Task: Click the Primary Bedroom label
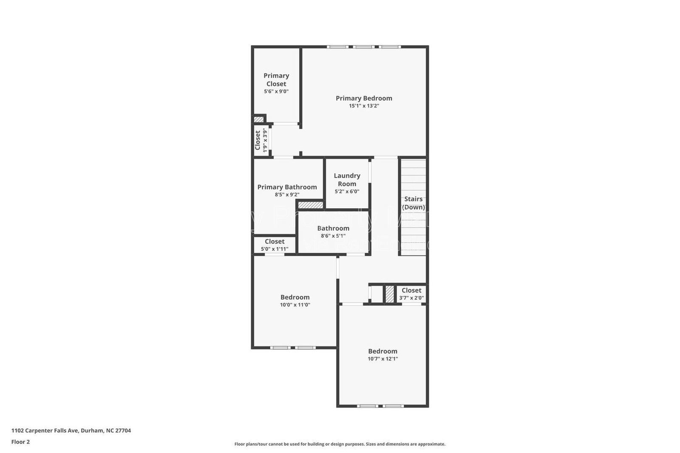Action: pyautogui.click(x=364, y=98)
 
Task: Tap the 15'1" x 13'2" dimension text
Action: pyautogui.click(x=364, y=106)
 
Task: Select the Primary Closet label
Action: pyautogui.click(x=276, y=79)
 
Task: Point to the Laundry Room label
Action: pyautogui.click(x=347, y=179)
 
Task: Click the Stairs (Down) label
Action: pyautogui.click(x=414, y=203)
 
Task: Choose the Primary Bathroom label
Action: pyautogui.click(x=287, y=187)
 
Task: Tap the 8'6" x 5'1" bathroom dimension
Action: pyautogui.click(x=333, y=236)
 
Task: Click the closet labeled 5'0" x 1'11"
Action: pyautogui.click(x=275, y=245)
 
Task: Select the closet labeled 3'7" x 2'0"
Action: pyautogui.click(x=411, y=294)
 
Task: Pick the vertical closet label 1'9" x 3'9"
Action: pyautogui.click(x=261, y=140)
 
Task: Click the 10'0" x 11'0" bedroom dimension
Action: pyautogui.click(x=295, y=305)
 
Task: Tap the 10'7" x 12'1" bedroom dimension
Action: pyautogui.click(x=382, y=359)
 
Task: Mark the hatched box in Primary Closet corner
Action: pyautogui.click(x=259, y=119)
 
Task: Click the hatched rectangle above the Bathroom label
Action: pyautogui.click(x=310, y=205)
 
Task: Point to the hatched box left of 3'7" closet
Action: pyautogui.click(x=390, y=294)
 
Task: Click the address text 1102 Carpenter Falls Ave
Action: pyautogui.click(x=71, y=430)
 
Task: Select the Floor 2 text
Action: pyautogui.click(x=20, y=442)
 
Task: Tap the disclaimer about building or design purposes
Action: pyautogui.click(x=340, y=444)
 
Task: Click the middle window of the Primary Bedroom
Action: pyautogui.click(x=364, y=47)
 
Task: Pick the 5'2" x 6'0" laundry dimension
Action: pyautogui.click(x=347, y=192)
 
